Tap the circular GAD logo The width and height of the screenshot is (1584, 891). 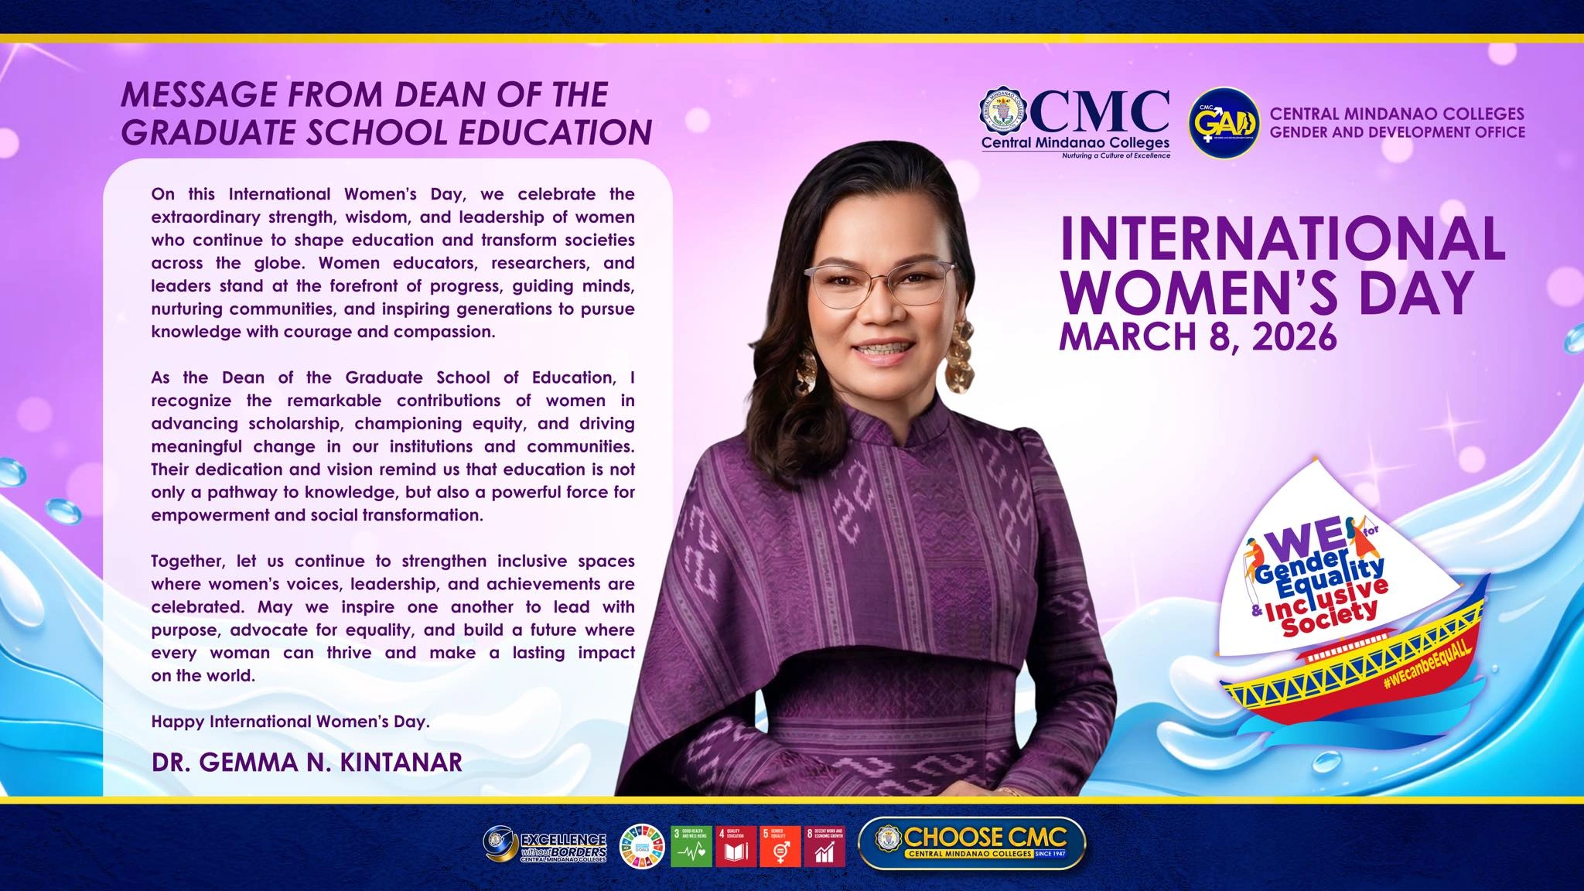(x=1224, y=123)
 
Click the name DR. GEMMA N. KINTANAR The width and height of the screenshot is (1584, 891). (x=306, y=762)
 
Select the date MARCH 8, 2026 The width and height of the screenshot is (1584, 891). (x=1197, y=336)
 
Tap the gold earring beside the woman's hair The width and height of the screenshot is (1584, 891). (x=959, y=357)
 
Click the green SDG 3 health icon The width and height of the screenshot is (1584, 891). (x=691, y=846)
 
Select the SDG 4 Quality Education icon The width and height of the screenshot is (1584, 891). (x=736, y=846)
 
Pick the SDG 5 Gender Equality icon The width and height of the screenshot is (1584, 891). (x=780, y=846)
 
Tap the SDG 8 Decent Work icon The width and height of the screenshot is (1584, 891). (x=824, y=846)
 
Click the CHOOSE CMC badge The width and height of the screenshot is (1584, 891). (x=972, y=843)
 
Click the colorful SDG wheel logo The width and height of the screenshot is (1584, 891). (x=642, y=846)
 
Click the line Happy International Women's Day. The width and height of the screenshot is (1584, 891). (x=290, y=722)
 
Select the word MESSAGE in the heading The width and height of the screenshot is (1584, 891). (x=199, y=95)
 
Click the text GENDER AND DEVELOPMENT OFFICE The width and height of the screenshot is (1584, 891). (x=1397, y=132)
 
